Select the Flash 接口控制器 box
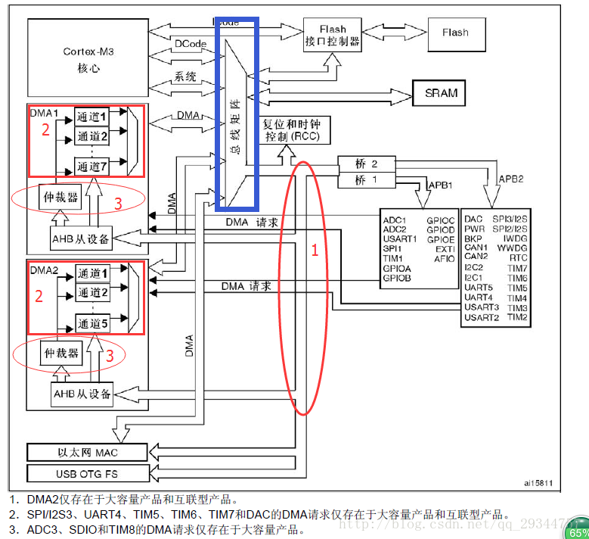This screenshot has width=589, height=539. coord(332,35)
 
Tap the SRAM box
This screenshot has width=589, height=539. coord(441,93)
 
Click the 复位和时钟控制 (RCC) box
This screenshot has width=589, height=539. coord(291,130)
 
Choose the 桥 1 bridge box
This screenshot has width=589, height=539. coord(365,180)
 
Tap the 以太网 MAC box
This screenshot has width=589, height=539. coord(88,453)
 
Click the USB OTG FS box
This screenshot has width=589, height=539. coord(88,474)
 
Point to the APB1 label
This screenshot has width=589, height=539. coord(441,185)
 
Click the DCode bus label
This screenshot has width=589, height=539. coord(190,45)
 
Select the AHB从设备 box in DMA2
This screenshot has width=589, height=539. coord(82,394)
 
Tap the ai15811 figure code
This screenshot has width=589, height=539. coord(538,482)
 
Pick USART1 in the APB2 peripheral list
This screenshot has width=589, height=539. coord(399,239)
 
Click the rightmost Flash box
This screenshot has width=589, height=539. coord(455,33)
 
